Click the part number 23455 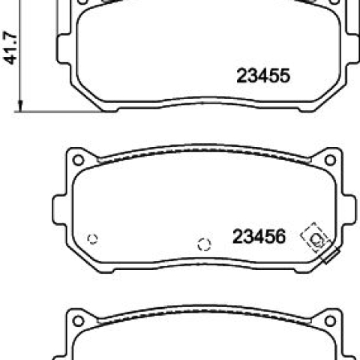coord(263,76)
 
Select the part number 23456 coord(259,236)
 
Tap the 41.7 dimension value coord(10,47)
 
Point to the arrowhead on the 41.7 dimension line coord(20,106)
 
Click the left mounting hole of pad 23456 coord(78,160)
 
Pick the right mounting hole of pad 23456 coord(330,160)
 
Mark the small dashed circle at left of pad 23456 coord(92,239)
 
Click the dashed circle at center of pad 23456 coord(204,244)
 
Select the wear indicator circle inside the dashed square coord(316,240)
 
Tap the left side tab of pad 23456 coord(59,210)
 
